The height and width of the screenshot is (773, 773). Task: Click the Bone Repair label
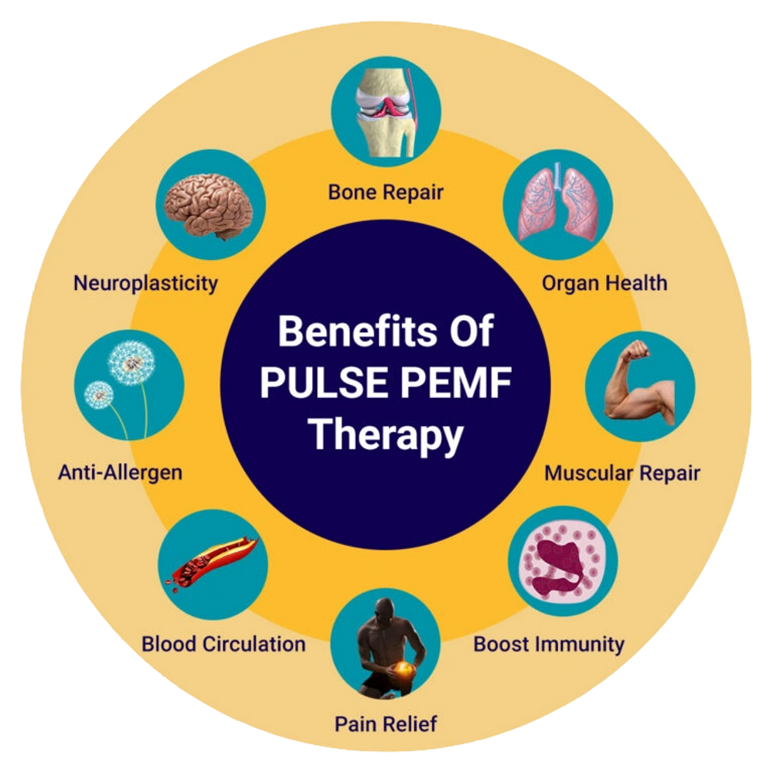386,192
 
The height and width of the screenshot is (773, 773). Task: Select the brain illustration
209,206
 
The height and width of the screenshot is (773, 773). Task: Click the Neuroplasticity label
145,284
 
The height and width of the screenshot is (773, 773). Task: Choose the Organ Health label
604,284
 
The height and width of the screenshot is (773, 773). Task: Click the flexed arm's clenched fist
635,350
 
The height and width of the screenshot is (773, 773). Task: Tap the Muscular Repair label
622,473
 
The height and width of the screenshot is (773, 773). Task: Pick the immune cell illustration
563,561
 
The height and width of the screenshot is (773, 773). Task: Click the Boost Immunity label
549,645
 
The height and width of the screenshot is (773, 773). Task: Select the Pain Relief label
386,724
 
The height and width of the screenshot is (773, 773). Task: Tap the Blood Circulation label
223,645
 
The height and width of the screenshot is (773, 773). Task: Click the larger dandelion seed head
131,363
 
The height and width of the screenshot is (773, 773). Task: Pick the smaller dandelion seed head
99,395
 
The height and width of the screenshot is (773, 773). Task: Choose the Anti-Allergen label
121,473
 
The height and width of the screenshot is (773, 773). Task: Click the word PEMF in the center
456,383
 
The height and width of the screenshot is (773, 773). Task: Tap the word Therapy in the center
386,435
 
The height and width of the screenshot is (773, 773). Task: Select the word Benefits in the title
358,331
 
